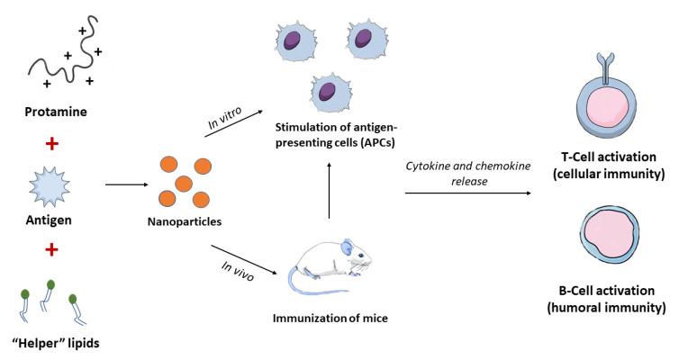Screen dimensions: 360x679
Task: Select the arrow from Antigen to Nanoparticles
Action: click(x=126, y=185)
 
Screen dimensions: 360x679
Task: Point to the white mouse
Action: click(x=334, y=261)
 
